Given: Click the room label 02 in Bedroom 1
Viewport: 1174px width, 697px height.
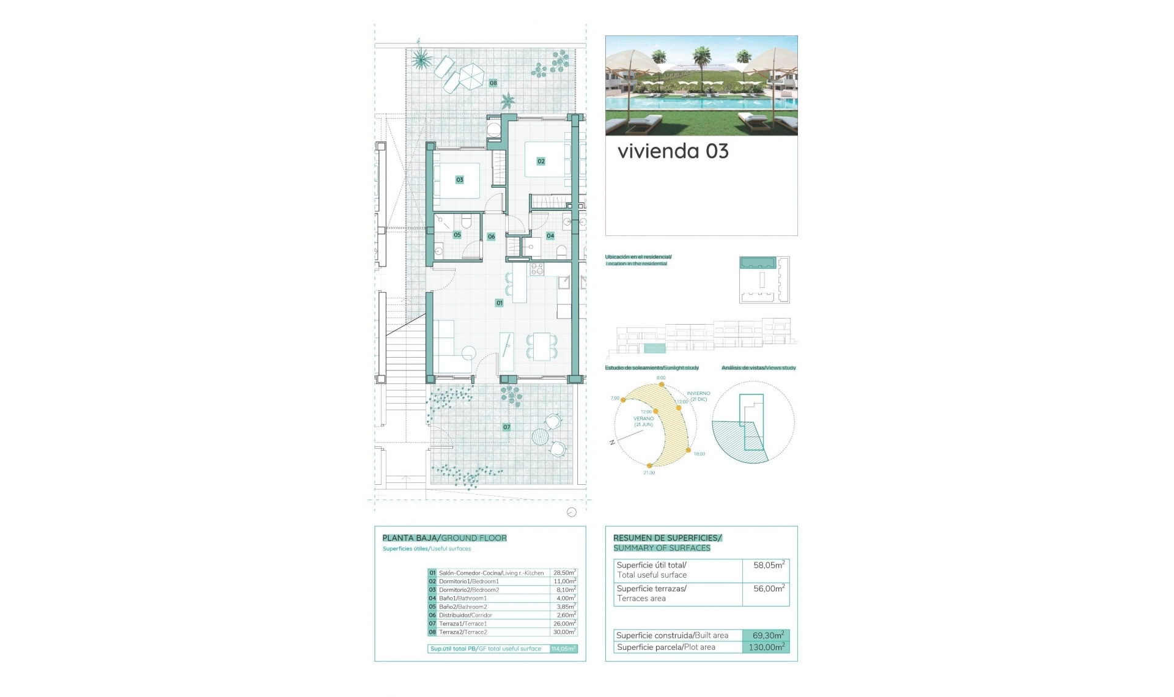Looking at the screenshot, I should point(541,161).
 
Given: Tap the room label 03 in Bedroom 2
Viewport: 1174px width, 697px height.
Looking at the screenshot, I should point(460,180).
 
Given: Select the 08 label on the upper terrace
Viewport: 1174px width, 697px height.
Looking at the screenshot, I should point(493,83).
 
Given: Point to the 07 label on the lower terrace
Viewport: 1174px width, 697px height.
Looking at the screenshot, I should point(507,427).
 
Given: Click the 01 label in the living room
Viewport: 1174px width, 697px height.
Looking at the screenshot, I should point(500,303).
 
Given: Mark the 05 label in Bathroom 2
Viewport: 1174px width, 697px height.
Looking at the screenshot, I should point(457,235).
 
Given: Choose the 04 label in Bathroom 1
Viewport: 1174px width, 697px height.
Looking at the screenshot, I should point(550,236).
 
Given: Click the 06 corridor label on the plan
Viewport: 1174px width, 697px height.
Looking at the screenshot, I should point(492,237).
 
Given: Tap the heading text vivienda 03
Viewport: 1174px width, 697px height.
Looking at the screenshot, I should point(673,152).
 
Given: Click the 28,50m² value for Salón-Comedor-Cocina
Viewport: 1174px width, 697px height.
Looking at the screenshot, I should point(564,573).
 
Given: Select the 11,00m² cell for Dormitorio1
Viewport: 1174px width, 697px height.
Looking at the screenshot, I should point(564,581).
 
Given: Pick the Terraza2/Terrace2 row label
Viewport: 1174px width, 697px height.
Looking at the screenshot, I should point(463,632).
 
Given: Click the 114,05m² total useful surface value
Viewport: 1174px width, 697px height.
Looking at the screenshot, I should point(563,649).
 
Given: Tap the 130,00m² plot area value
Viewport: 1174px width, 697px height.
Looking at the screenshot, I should point(766,647).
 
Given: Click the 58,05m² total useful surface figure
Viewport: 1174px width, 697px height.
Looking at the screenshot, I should point(769,566).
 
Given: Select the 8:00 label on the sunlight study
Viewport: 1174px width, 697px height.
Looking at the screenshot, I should point(661,378).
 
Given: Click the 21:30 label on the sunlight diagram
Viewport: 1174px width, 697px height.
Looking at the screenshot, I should point(649,473).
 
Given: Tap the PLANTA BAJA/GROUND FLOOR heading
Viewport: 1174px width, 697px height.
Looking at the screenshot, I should point(445,538).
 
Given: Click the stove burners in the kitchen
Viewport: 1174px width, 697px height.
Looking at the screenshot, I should point(537,268).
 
